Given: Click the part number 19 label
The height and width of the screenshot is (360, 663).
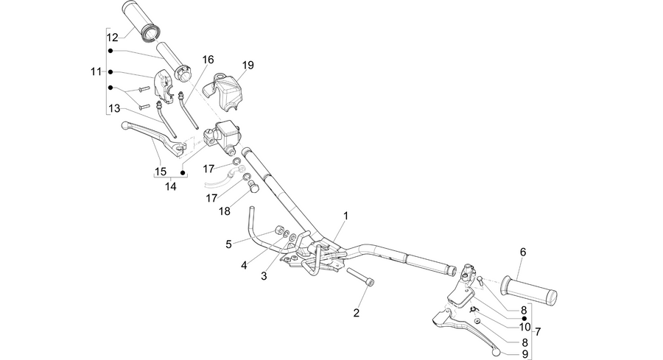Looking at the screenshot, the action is [x=248, y=65].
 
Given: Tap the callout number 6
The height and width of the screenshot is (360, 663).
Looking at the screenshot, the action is [x=523, y=253].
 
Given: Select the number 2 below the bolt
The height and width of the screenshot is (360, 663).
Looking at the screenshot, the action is [x=356, y=313].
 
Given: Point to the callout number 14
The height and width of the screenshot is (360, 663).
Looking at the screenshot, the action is [x=170, y=186].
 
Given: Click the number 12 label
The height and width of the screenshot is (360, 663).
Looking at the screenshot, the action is [x=112, y=38].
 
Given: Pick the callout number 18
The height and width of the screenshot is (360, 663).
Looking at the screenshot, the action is [x=225, y=211].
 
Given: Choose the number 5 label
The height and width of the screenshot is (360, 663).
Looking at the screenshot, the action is [x=228, y=244].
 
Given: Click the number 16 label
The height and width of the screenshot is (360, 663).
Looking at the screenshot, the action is [x=208, y=60].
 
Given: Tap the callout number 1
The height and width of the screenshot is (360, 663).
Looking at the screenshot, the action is [x=345, y=216].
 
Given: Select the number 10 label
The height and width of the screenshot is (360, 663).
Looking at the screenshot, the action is [x=525, y=327].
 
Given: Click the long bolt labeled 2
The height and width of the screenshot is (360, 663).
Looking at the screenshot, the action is [x=361, y=276].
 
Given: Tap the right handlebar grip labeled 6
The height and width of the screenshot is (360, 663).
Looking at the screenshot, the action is [x=528, y=291].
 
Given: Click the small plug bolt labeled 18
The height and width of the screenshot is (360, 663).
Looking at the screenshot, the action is [x=253, y=186].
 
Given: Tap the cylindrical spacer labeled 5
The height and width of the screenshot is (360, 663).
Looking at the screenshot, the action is [x=278, y=230].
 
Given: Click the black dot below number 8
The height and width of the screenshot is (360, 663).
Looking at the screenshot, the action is [x=525, y=318].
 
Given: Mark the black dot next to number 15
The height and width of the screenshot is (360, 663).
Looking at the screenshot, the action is [x=183, y=172].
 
